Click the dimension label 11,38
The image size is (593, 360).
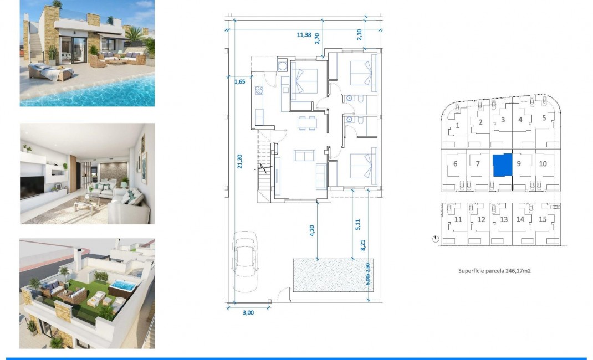pyautogui.click(x=304, y=34)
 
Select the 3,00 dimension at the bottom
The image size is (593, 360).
pyautogui.click(x=248, y=313)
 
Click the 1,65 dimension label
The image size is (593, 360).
pyautogui.click(x=239, y=81)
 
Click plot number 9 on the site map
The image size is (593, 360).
pyautogui.click(x=519, y=163)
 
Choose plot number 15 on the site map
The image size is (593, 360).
pyautogui.click(x=543, y=219)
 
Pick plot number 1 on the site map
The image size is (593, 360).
pyautogui.click(x=457, y=125)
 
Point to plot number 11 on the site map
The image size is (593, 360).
pyautogui.click(x=458, y=219)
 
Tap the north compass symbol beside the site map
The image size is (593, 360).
pyautogui.click(x=436, y=239)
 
